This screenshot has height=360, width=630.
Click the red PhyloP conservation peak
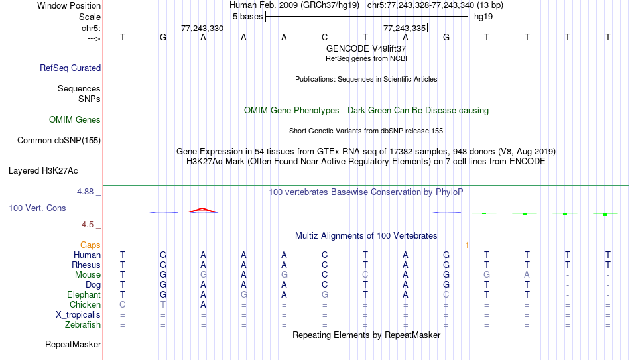pos(204,210)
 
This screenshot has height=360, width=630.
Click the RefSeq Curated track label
pos(70,68)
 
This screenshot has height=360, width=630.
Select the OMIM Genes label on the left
pos(75,120)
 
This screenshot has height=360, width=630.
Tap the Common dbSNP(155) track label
pos(59,141)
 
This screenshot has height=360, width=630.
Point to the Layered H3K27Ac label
pos(43,171)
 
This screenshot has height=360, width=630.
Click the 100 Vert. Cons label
pos(37,208)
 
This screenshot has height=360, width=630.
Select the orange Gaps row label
pos(90,245)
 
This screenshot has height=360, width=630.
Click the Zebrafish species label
pos(83,325)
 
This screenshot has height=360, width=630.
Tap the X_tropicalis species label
pos(78,315)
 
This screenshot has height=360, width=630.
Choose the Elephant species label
pos(84,295)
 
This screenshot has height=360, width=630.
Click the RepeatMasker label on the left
pos(73,344)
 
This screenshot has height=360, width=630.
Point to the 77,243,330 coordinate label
pos(202,28)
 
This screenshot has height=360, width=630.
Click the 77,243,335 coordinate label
pos(405,28)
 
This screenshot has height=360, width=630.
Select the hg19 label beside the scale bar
pos(483,17)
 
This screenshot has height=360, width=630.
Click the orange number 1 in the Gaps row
pos(467,245)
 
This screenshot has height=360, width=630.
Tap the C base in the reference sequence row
pos(325,37)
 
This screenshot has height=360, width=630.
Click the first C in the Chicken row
pos(123,304)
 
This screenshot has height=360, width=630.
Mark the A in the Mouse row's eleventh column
pos(527,275)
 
